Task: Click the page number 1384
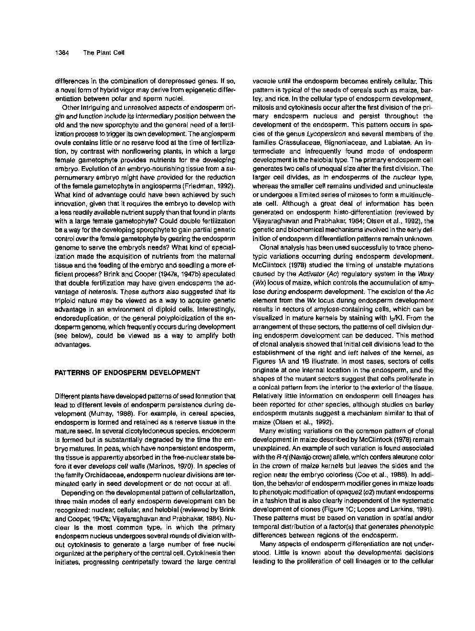click(63, 53)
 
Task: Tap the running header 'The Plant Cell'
click(104, 53)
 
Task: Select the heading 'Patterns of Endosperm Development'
click(127, 372)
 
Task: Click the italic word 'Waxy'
click(426, 274)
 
